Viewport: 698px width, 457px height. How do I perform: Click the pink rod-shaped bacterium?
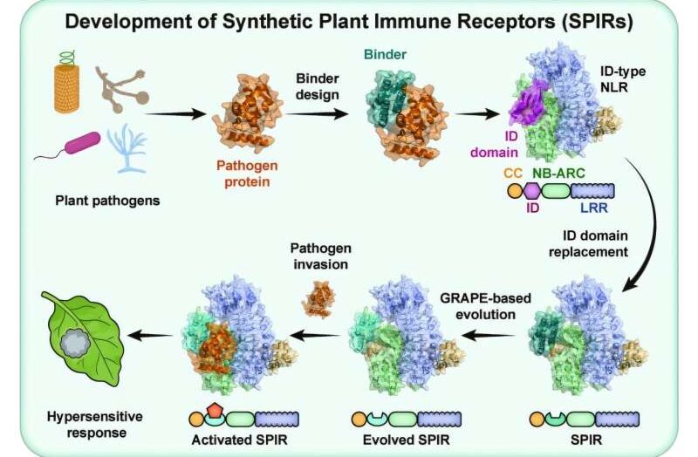83,142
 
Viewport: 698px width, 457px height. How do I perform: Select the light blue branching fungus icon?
127,147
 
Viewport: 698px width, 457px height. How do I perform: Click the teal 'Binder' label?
385,55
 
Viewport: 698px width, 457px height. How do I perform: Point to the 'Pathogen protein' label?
247,174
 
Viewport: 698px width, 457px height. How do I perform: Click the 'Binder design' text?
318,86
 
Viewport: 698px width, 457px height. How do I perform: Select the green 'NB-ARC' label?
558,173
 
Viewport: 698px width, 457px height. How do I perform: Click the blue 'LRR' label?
594,208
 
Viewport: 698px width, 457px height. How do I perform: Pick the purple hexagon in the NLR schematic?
532,191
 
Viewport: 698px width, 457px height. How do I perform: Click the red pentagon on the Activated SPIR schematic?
216,410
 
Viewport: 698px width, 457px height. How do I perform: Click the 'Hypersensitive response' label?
95,425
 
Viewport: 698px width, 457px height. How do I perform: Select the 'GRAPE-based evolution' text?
485,306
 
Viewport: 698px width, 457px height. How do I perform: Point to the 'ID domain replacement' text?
588,243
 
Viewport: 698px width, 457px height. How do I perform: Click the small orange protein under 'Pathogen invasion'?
318,299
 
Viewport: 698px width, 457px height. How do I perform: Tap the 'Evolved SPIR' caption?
406,440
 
